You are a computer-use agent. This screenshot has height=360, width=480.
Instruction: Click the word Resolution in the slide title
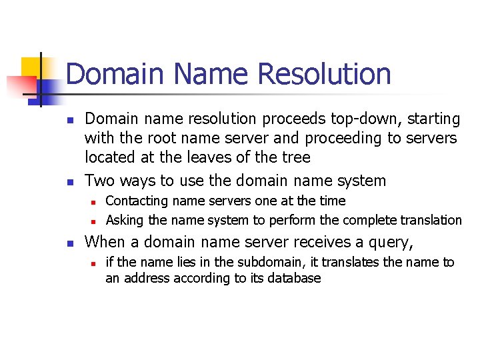tap(324, 73)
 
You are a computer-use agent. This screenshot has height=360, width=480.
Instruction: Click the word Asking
tap(125, 220)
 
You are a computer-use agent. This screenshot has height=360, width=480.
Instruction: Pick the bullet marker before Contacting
tap(94, 201)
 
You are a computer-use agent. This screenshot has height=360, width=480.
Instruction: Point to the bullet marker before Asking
tap(94, 221)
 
